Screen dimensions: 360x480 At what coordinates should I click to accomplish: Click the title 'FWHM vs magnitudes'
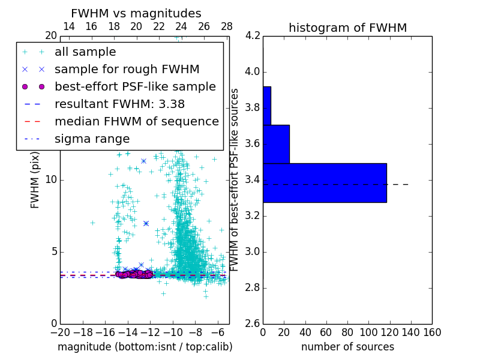pyautogui.click(x=136, y=14)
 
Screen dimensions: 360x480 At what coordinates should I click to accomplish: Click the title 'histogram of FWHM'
pyautogui.click(x=347, y=28)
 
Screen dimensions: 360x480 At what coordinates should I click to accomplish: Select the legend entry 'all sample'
pyautogui.click(x=85, y=52)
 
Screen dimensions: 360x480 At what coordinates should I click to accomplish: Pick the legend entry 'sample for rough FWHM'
pyautogui.click(x=127, y=69)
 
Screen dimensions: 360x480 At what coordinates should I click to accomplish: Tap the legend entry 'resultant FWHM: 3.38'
pyautogui.click(x=119, y=104)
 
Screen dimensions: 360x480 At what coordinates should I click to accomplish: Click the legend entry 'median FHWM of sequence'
pyautogui.click(x=136, y=121)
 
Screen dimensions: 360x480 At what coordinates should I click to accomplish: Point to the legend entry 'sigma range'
pyautogui.click(x=92, y=139)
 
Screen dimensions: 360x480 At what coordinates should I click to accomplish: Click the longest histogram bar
pyautogui.click(x=325, y=182)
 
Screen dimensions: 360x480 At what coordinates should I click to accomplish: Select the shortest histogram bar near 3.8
pyautogui.click(x=267, y=106)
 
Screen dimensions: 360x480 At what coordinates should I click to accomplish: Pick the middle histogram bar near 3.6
pyautogui.click(x=276, y=144)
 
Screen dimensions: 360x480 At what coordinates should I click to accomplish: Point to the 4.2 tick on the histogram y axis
pyautogui.click(x=252, y=36)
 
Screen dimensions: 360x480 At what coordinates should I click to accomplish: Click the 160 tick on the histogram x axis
pyautogui.click(x=432, y=331)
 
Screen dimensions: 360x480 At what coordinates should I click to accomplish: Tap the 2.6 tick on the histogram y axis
pyautogui.click(x=252, y=323)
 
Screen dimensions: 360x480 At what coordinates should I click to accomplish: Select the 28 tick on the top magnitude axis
pyautogui.click(x=227, y=26)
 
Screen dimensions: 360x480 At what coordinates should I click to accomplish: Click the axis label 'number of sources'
pyautogui.click(x=347, y=347)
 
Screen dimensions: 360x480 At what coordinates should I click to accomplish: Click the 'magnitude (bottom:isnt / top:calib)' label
pyautogui.click(x=145, y=347)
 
